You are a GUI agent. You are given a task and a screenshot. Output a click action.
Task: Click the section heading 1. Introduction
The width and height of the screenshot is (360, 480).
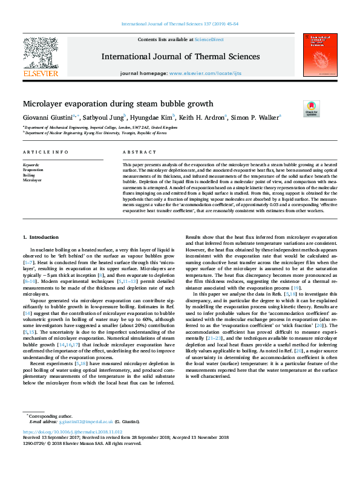pos(41,237)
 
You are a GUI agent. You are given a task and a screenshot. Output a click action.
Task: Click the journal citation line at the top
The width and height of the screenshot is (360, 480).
pos(180,24)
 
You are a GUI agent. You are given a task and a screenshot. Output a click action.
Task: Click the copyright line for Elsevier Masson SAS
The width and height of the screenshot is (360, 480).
pos(82,443)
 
